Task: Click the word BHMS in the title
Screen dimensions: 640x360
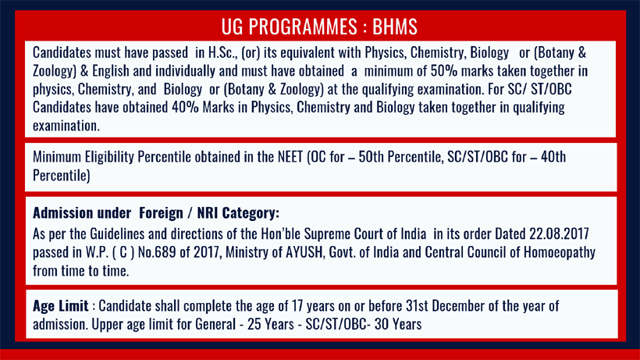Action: tap(395, 27)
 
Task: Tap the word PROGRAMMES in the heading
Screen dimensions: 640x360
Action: tap(303, 27)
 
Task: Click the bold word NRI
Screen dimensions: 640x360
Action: tap(208, 213)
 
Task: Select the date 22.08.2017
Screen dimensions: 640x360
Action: tap(559, 233)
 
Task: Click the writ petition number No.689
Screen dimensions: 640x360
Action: tap(157, 252)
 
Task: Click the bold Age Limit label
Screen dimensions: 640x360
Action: tap(60, 306)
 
